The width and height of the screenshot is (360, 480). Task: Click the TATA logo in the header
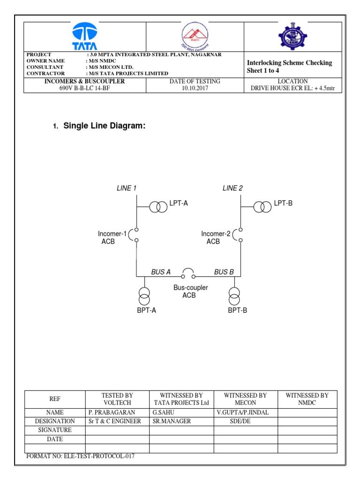pos(85,36)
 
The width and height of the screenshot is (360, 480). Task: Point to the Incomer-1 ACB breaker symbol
pos(135,235)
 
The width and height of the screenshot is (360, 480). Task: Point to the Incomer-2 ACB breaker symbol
pos(240,235)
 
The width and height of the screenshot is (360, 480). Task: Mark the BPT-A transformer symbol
pos(145,296)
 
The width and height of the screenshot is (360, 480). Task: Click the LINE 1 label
pos(127,188)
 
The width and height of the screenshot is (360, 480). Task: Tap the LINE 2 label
pos(232,188)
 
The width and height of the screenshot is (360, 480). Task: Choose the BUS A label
pos(161,272)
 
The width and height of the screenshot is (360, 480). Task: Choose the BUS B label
pos(224,272)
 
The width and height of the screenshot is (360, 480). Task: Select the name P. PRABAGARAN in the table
pos(112,412)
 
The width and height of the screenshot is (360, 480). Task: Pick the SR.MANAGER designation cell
pos(172,421)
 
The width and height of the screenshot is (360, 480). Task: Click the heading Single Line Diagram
pos(102,126)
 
